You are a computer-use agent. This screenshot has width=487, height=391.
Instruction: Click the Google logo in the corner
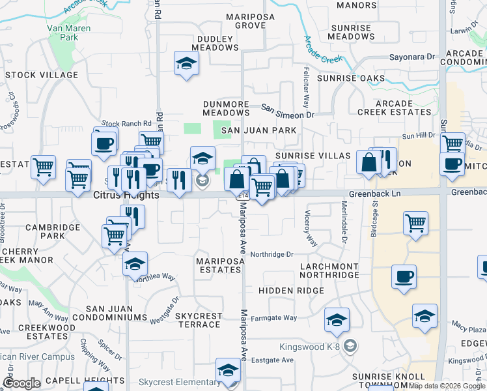pos(22,383)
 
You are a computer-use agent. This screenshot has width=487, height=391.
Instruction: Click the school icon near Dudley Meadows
pos(187,63)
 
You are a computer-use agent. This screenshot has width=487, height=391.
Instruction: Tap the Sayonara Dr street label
pos(412,57)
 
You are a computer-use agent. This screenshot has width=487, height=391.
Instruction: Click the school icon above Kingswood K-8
pos(337,319)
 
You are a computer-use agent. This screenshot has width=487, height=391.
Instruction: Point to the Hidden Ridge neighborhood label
pos(291,290)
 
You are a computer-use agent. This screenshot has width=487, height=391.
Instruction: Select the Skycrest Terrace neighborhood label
pos(199,320)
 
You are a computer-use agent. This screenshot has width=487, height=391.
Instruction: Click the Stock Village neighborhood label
pos(42,75)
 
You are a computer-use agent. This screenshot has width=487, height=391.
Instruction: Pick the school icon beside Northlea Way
pos(135,264)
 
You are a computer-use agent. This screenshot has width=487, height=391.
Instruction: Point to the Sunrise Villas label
pos(313,156)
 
